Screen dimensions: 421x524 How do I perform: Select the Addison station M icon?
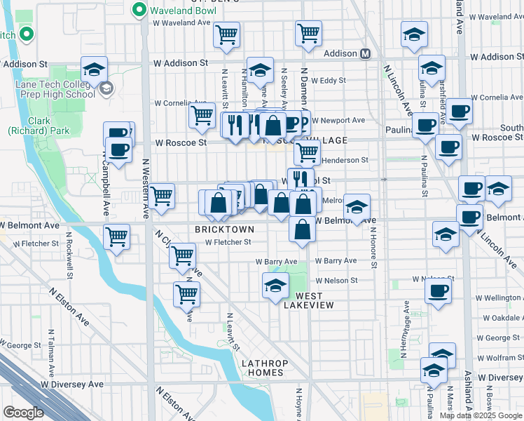click(365, 54)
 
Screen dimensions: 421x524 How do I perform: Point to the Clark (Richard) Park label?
click(29, 126)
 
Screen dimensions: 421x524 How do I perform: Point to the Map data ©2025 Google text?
click(481, 415)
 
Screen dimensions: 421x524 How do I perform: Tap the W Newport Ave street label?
click(338, 120)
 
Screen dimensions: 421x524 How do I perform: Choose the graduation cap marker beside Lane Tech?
click(94, 69)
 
